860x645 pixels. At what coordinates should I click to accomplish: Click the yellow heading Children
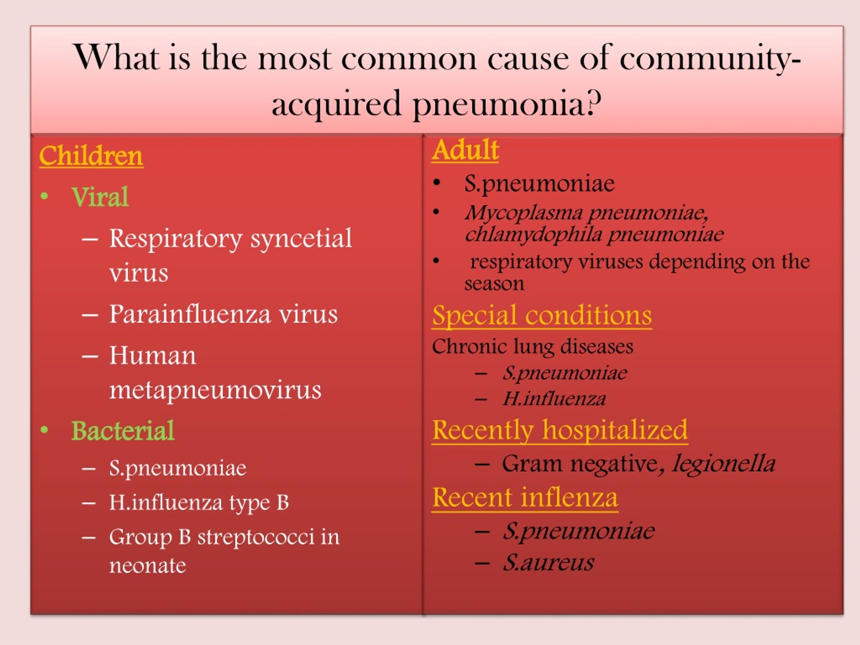pyautogui.click(x=91, y=156)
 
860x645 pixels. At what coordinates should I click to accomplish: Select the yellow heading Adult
pyautogui.click(x=465, y=150)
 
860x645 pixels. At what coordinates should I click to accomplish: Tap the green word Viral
pyautogui.click(x=100, y=197)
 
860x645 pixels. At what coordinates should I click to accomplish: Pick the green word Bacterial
pyautogui.click(x=123, y=431)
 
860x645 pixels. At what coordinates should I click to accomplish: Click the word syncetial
pyautogui.click(x=301, y=238)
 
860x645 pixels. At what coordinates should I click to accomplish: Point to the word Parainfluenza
pyautogui.click(x=190, y=314)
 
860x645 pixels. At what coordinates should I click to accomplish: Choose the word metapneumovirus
pyautogui.click(x=215, y=390)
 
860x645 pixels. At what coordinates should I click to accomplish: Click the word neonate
pyautogui.click(x=147, y=566)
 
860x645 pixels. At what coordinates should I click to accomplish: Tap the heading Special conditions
pyautogui.click(x=542, y=315)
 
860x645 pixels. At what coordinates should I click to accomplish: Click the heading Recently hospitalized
pyautogui.click(x=560, y=430)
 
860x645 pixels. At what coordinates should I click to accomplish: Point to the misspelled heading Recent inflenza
pyautogui.click(x=525, y=497)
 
